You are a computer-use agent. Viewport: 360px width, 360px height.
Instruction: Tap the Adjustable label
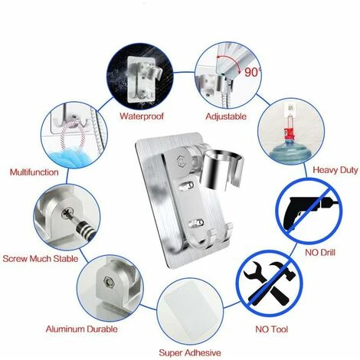tap(226, 117)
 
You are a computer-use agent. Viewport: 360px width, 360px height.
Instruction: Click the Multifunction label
tap(34, 172)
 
